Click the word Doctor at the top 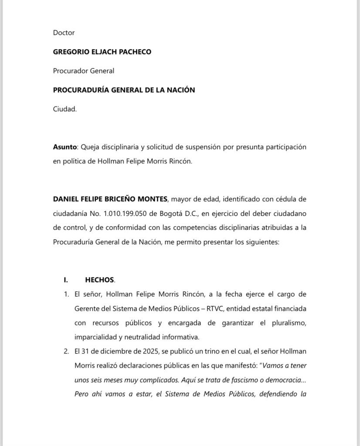64,33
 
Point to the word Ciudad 65,109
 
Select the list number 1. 66,294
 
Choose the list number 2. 66,351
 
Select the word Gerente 87,309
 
